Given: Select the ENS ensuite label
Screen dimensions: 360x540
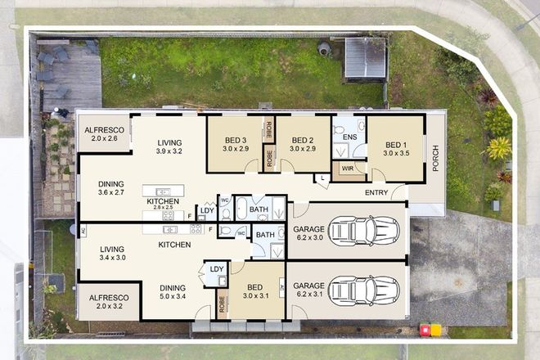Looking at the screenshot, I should coord(349,137).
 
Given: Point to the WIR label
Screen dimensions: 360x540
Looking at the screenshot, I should coord(347,169).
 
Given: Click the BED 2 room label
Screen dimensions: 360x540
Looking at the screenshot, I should coord(303,140).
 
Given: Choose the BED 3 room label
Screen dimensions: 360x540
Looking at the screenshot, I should coord(235,140).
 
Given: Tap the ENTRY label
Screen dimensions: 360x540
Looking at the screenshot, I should coord(376,193).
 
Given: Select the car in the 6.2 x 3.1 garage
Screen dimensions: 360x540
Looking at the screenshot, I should coord(362,290).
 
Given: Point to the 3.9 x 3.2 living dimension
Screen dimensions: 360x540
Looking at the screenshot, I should coord(169,151).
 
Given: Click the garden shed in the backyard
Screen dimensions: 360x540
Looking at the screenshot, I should coord(365,58).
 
